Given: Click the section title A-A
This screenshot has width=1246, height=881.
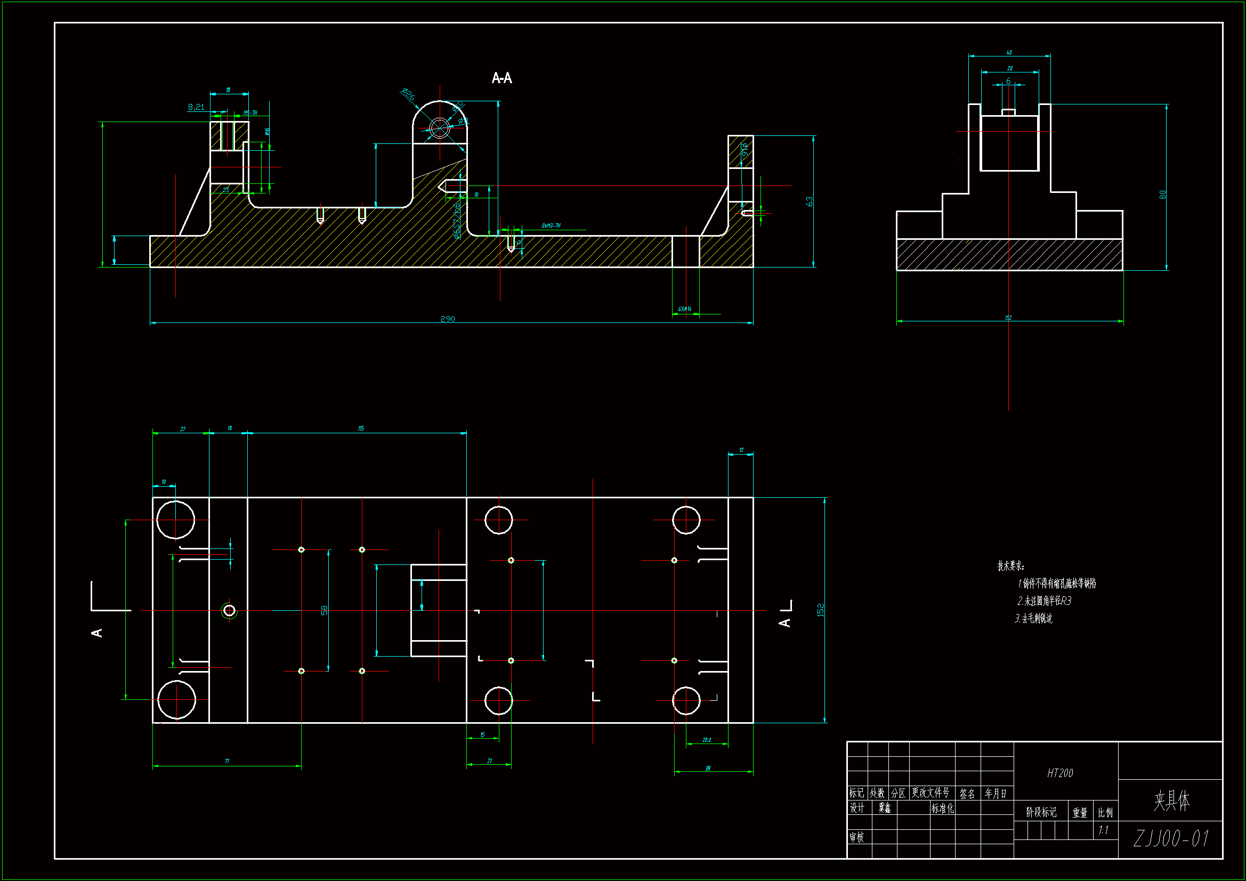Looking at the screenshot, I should click(501, 78).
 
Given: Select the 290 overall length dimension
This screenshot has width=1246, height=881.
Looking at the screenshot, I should click(448, 319).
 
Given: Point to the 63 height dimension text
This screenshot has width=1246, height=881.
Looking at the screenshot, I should click(809, 201).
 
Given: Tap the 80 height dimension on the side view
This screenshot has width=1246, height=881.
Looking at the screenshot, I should click(1162, 195).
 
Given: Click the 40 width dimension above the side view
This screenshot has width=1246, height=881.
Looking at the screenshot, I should click(1009, 53).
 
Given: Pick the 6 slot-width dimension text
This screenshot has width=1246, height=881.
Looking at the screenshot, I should click(1008, 81).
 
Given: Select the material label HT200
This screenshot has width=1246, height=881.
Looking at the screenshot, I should click(1060, 773).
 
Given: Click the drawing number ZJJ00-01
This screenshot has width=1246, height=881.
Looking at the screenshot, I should click(1171, 839).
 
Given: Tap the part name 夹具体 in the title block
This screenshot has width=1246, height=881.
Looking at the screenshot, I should click(1171, 801).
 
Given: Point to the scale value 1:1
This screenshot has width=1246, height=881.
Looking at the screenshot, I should click(1103, 830).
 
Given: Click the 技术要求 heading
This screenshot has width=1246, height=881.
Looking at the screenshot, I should click(1010, 565).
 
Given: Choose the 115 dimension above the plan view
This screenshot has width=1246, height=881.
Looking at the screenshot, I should click(361, 429).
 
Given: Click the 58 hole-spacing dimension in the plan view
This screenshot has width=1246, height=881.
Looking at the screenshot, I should click(324, 610).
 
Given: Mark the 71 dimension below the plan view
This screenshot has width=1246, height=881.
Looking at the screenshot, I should click(227, 761).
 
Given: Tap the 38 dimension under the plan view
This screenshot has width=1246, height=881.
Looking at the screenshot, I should click(708, 768).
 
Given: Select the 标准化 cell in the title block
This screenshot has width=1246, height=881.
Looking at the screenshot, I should click(942, 809).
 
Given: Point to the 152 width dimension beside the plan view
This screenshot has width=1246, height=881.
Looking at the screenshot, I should click(820, 610).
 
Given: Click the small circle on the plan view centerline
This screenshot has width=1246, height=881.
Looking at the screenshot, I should click(229, 611).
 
